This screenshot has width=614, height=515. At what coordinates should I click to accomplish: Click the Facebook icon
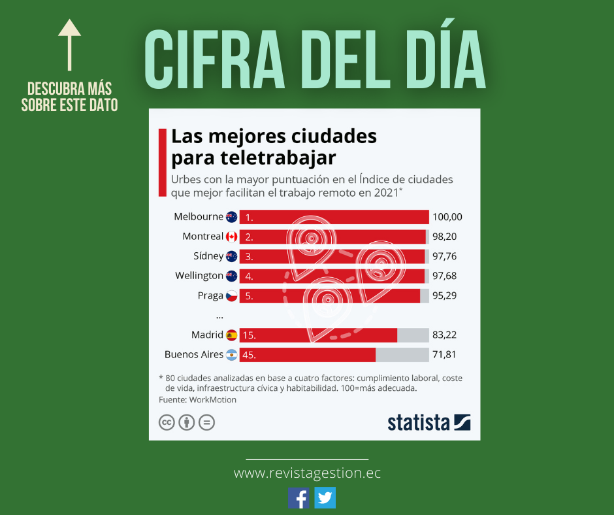click(x=299, y=498)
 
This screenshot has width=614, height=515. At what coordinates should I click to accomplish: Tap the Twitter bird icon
click(x=325, y=498)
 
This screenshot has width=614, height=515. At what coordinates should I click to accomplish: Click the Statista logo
click(x=428, y=422)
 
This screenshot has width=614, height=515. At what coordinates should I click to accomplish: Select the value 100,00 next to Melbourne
click(x=447, y=217)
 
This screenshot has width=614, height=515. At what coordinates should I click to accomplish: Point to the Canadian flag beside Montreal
click(x=232, y=237)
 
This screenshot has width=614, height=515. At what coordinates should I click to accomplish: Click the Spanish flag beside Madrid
click(x=232, y=335)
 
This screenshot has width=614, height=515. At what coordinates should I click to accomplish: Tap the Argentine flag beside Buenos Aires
click(x=232, y=355)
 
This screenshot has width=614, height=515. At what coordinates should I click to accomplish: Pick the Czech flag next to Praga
click(x=232, y=296)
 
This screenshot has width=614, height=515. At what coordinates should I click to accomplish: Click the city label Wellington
click(x=199, y=276)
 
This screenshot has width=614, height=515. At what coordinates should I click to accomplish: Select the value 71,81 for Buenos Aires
click(x=444, y=355)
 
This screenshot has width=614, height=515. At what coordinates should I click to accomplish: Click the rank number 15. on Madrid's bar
click(x=249, y=335)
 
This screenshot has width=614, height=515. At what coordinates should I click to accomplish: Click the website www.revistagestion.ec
click(x=307, y=473)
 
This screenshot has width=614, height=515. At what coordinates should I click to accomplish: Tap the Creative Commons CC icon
click(x=167, y=422)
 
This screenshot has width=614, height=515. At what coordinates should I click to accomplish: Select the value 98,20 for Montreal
click(x=444, y=237)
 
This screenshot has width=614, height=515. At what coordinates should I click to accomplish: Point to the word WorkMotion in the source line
click(x=214, y=399)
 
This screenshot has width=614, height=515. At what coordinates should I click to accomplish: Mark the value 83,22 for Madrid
click(x=444, y=335)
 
